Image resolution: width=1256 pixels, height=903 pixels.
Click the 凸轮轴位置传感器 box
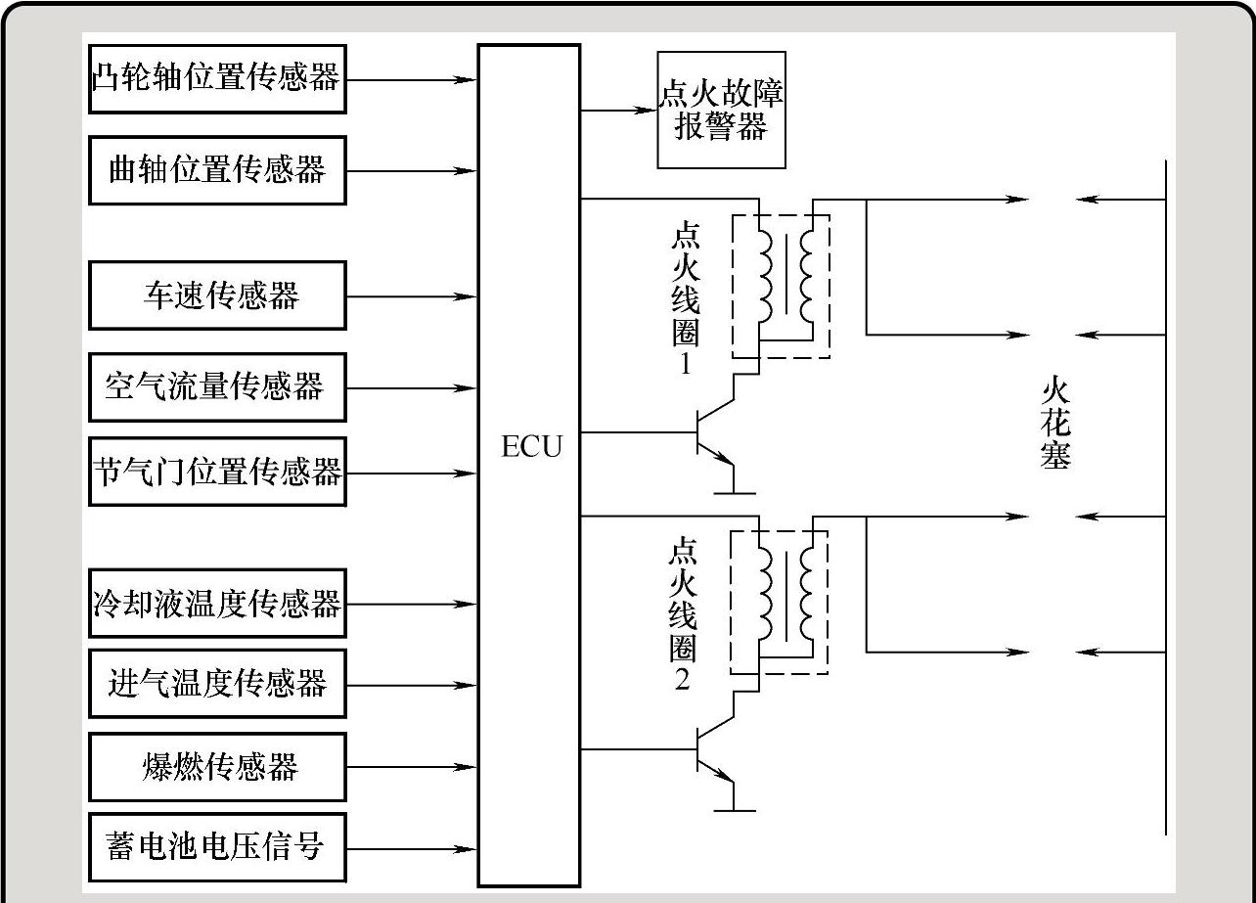[216, 78]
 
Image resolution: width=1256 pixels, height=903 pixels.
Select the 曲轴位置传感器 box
[216, 170]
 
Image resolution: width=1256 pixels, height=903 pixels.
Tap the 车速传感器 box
[216, 294]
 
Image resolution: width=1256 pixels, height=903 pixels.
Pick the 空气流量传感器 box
[216, 387]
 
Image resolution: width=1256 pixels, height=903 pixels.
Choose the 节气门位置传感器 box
[216, 473]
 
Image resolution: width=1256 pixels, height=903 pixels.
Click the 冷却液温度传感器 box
[216, 603]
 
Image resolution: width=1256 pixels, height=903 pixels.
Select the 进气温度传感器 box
[216, 683]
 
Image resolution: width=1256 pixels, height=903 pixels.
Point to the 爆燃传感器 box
[216, 765]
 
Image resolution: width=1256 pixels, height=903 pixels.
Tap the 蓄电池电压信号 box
[216, 846]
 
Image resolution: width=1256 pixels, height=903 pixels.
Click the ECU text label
[531, 448]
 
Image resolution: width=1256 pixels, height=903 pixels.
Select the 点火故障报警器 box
[721, 111]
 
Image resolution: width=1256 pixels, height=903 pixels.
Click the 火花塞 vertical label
[1055, 424]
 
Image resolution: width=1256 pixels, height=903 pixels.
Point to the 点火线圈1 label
[686, 302]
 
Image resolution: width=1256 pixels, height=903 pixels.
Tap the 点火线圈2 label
[683, 614]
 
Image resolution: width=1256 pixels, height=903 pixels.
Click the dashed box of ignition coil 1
[781, 286]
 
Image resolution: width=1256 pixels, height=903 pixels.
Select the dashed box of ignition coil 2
[780, 602]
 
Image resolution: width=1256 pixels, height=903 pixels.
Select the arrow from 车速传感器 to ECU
[412, 295]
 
